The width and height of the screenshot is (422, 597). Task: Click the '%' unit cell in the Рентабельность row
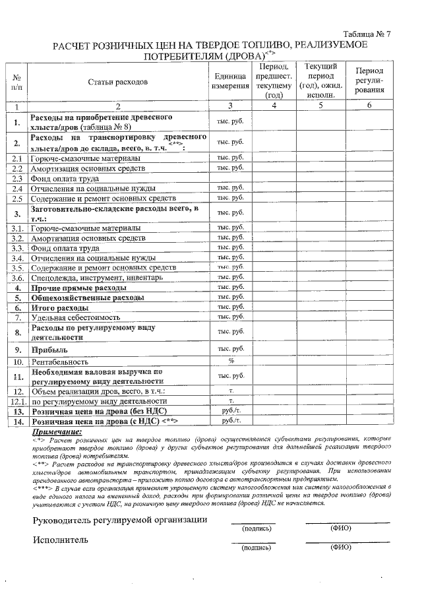[x=231, y=361]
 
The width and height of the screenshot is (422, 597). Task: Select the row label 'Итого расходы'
[x=60, y=308]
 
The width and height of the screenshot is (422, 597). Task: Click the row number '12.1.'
[x=18, y=400]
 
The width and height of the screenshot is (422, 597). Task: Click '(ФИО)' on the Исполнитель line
[x=341, y=547]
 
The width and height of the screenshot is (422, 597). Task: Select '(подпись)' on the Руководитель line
[x=253, y=528]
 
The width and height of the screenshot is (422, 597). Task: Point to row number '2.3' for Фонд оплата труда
[x=18, y=178]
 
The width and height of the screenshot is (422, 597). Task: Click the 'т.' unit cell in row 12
[x=231, y=391]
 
